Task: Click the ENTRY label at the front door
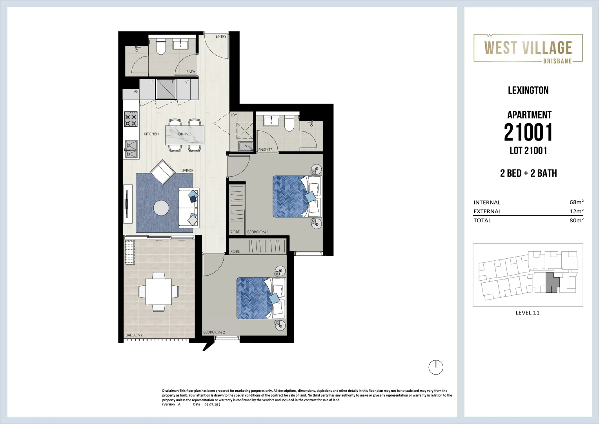pyautogui.click(x=221, y=37)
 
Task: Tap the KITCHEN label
pyautogui.click(x=151, y=134)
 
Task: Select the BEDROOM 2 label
pyautogui.click(x=214, y=332)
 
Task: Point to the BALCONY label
pyautogui.click(x=134, y=335)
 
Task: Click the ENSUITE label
pyautogui.click(x=266, y=150)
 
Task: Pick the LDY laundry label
pyautogui.click(x=234, y=115)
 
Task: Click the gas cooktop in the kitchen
pyautogui.click(x=131, y=119)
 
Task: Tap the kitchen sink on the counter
pyautogui.click(x=131, y=149)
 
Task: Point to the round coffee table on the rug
pyautogui.click(x=161, y=208)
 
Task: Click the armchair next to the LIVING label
pyautogui.click(x=162, y=172)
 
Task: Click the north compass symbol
pyautogui.click(x=436, y=367)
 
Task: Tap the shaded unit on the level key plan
pyautogui.click(x=552, y=282)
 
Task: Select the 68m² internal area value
pyautogui.click(x=576, y=202)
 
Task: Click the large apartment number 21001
pyautogui.click(x=528, y=132)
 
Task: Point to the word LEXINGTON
pyautogui.click(x=528, y=90)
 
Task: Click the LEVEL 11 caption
pyautogui.click(x=528, y=313)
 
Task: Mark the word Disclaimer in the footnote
pyautogui.click(x=170, y=391)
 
